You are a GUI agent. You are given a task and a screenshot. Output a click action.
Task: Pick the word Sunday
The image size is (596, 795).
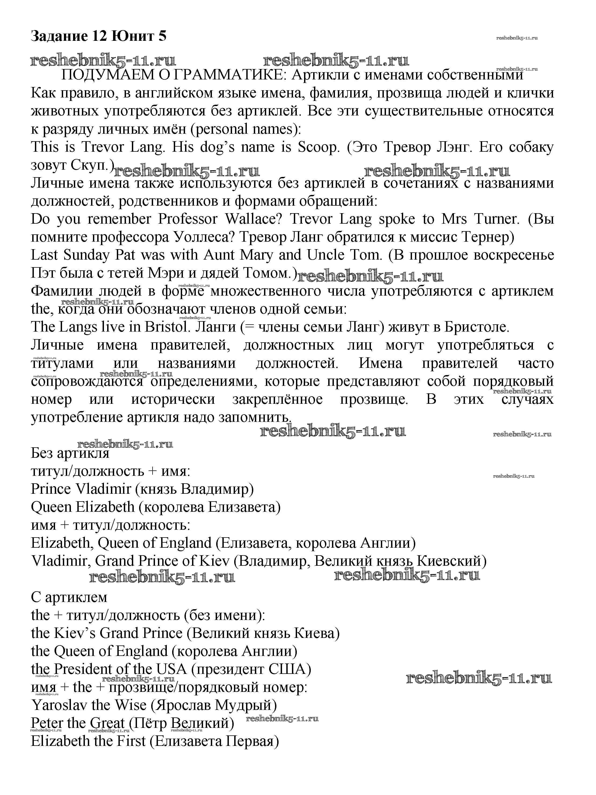(86, 255)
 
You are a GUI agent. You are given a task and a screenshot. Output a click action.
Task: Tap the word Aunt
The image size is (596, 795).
(219, 255)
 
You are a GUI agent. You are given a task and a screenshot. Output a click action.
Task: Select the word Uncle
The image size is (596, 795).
(325, 255)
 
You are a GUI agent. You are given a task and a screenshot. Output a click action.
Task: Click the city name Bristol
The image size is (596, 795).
(167, 327)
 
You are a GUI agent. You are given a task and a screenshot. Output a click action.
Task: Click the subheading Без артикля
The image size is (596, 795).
(70, 453)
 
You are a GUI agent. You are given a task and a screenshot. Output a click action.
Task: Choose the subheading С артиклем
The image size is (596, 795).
(69, 597)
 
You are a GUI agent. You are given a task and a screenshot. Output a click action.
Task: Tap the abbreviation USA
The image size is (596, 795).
(171, 669)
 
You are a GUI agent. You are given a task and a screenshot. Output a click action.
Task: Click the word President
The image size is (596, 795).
(83, 669)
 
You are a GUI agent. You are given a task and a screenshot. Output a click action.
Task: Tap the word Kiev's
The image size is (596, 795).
(75, 633)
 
